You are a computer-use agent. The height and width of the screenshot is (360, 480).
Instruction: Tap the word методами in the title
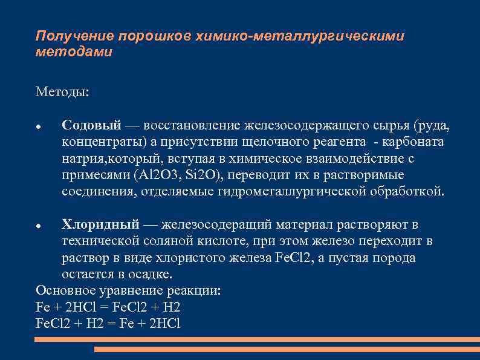pyautogui.click(x=74, y=52)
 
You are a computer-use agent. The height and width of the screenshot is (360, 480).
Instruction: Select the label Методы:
pyautogui.click(x=62, y=92)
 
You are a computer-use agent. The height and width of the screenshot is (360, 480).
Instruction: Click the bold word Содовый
pyautogui.click(x=92, y=125)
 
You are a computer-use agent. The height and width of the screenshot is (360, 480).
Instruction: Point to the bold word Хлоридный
pyautogui.click(x=100, y=224)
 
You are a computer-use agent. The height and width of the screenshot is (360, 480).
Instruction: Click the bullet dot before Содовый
pyautogui.click(x=39, y=126)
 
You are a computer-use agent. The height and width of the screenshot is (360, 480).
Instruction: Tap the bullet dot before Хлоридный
pyautogui.click(x=39, y=226)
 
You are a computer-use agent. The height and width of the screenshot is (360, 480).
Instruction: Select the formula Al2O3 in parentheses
pyautogui.click(x=158, y=175)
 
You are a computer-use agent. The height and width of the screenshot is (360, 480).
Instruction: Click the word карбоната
pyautogui.click(x=414, y=142)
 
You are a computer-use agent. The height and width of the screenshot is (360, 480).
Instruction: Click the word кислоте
pyautogui.click(x=249, y=241)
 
